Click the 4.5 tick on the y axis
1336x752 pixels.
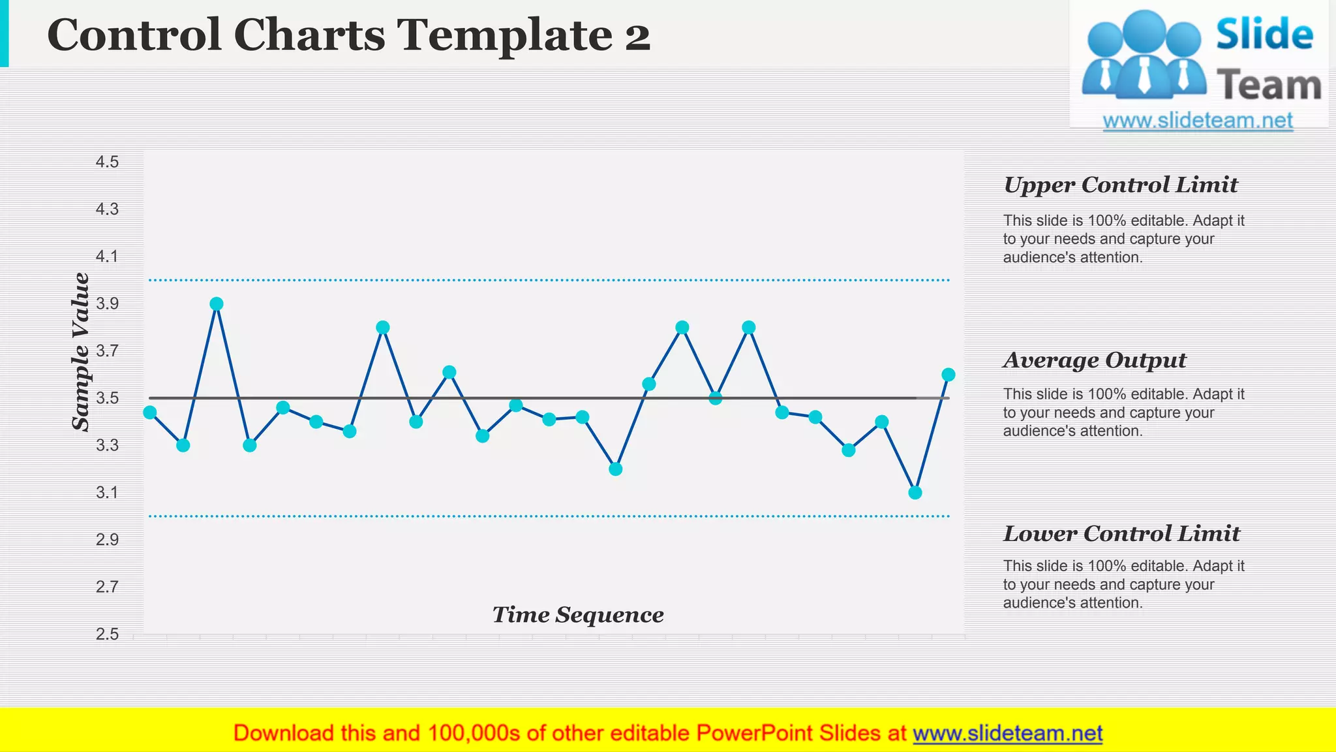click(108, 162)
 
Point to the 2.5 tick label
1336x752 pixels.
click(108, 634)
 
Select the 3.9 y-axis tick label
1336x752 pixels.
click(108, 304)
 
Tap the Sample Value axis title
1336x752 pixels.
click(81, 352)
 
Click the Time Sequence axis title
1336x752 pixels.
click(578, 615)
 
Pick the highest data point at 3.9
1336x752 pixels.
click(217, 304)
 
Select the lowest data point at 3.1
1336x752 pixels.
click(915, 492)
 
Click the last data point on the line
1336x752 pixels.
click(949, 375)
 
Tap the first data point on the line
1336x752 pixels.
click(150, 412)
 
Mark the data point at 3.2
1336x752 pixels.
click(616, 469)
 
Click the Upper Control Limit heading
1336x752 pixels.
click(1120, 185)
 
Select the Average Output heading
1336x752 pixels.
click(1094, 360)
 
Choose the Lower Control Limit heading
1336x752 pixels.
click(1121, 534)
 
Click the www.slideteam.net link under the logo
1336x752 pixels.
click(1198, 121)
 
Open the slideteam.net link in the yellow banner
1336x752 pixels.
click(1007, 733)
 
